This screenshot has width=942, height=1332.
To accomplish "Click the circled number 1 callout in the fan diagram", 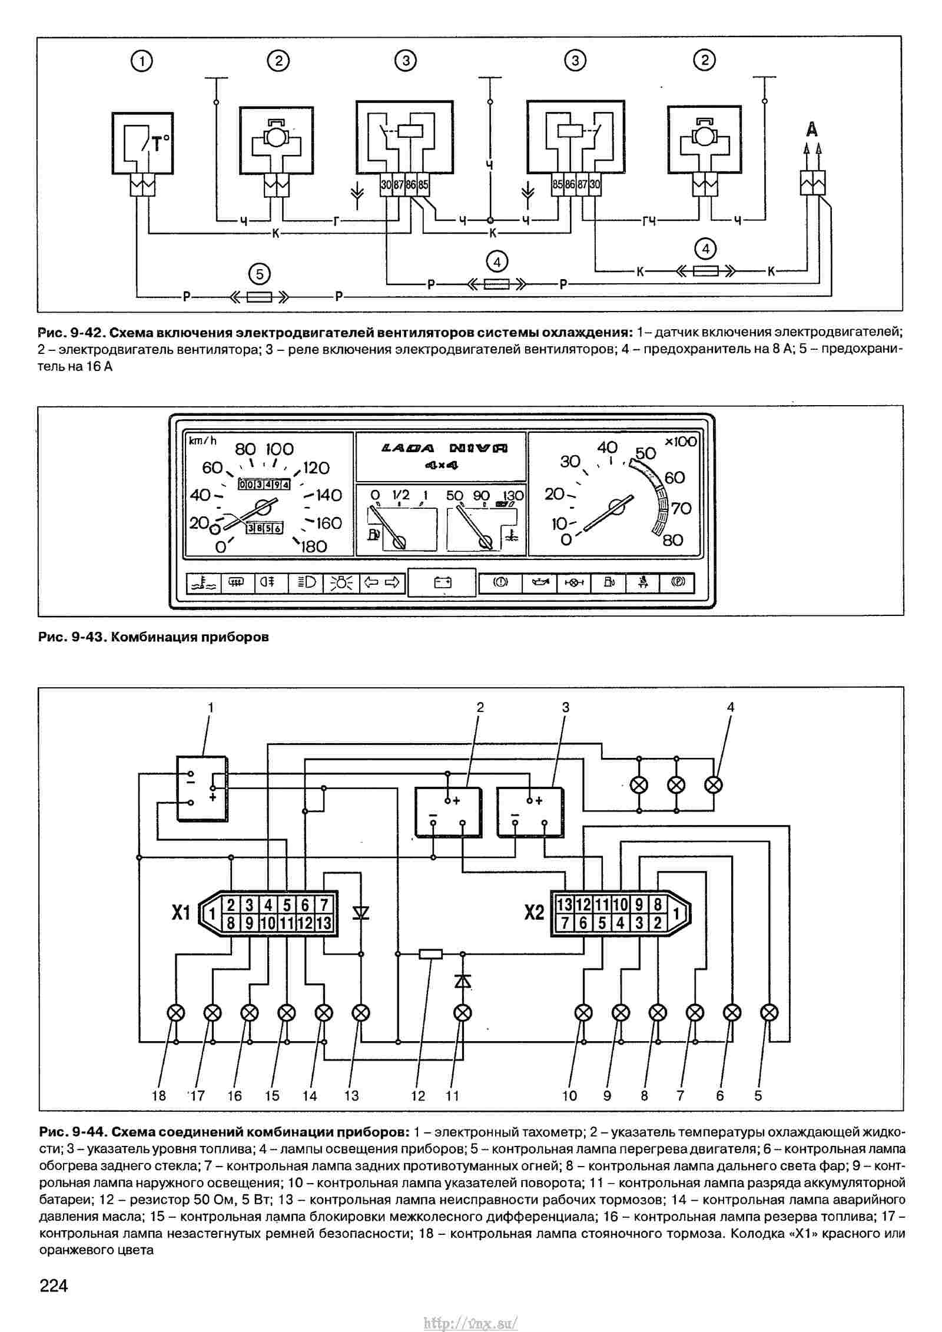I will (142, 61).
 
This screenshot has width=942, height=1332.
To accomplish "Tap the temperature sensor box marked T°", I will (142, 143).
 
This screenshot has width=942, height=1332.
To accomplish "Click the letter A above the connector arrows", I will (812, 129).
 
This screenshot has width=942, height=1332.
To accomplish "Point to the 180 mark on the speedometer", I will (314, 546).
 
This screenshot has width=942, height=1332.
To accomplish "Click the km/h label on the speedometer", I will (203, 440).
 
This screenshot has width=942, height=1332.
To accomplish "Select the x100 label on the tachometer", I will (681, 442).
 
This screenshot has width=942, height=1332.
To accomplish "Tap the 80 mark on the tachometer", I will (673, 539).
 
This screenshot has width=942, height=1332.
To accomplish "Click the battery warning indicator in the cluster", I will (442, 582).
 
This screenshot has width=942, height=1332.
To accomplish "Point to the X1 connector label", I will (181, 913).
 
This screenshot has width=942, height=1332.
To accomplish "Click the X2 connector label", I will (534, 913).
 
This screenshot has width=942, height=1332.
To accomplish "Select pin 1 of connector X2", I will (676, 914).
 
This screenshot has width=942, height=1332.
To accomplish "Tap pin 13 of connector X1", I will (324, 923).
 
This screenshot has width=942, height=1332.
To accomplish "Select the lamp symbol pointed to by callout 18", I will (176, 1012).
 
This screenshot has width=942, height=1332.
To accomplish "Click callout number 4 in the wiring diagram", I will (731, 707).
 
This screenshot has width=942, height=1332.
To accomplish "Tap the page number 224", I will (54, 1285).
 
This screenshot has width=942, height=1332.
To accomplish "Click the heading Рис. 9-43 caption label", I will (153, 637).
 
